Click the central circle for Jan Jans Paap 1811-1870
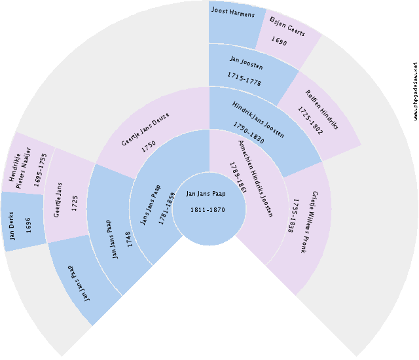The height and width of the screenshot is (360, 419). pyautogui.click(x=209, y=202)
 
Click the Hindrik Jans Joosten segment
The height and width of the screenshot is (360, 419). pyautogui.click(x=259, y=121)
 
